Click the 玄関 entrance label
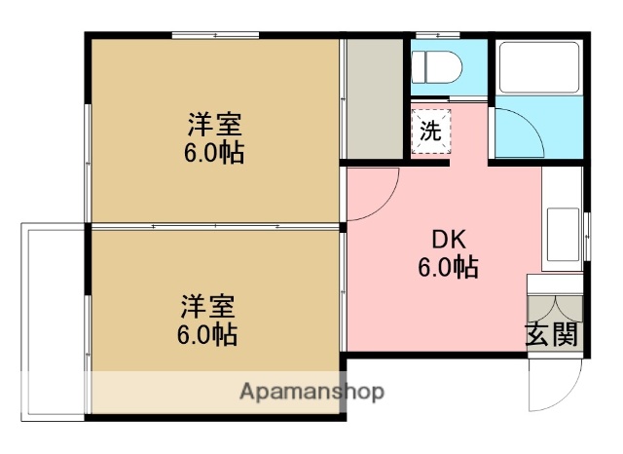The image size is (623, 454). pyautogui.click(x=552, y=334)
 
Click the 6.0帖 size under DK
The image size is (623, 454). pyautogui.click(x=449, y=267)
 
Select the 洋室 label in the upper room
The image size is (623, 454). pyautogui.click(x=215, y=126)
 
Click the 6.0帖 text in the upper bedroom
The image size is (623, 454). pyautogui.click(x=215, y=153)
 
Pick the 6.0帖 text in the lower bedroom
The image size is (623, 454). pyautogui.click(x=206, y=335)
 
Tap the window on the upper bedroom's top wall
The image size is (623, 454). pyautogui.click(x=214, y=37)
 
